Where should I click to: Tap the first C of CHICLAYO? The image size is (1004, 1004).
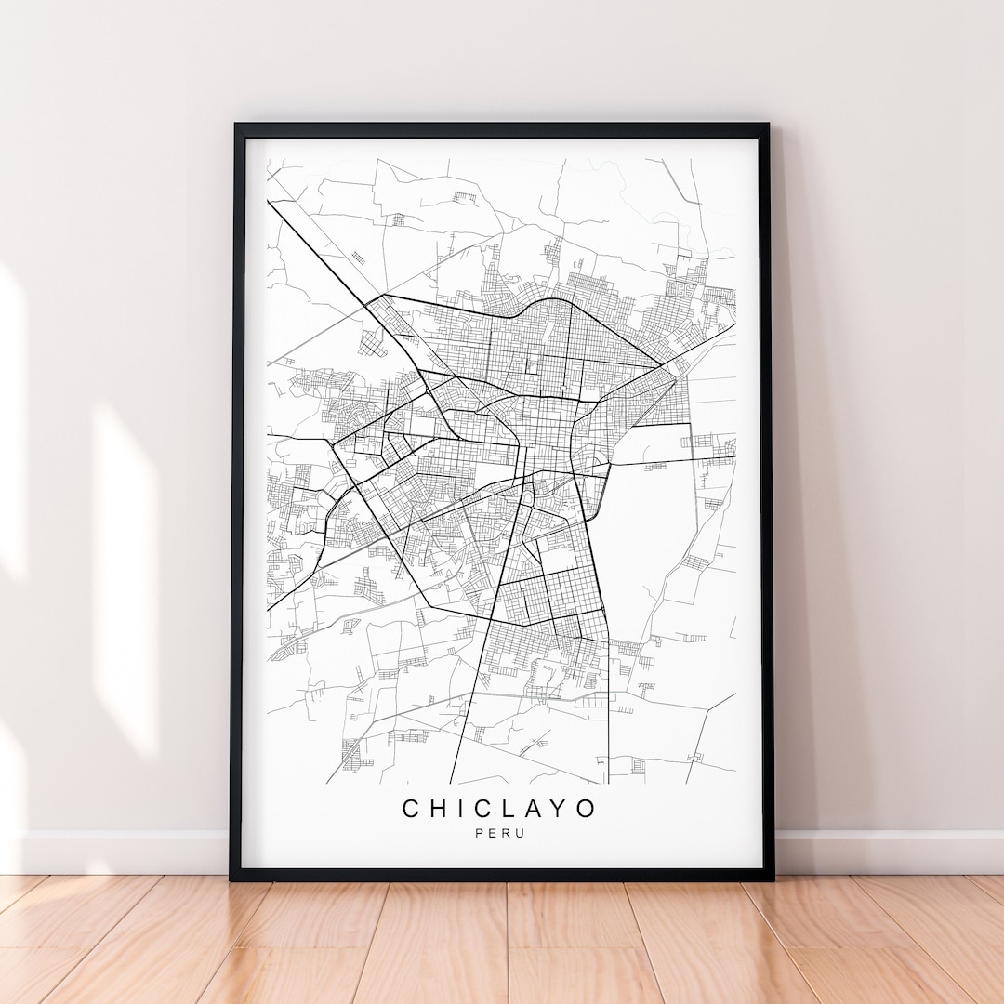[411, 809]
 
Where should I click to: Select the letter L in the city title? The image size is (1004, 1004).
[509, 809]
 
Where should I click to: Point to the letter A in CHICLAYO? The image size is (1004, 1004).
[534, 809]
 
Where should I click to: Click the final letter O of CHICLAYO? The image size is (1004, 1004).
[586, 809]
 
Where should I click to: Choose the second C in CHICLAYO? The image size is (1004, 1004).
[483, 809]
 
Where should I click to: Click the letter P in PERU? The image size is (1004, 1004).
[480, 833]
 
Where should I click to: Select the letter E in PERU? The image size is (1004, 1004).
[493, 833]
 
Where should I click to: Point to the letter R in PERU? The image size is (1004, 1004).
[507, 833]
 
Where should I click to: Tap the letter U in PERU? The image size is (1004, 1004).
[521, 833]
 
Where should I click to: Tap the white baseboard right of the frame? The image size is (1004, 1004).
[883, 852]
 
